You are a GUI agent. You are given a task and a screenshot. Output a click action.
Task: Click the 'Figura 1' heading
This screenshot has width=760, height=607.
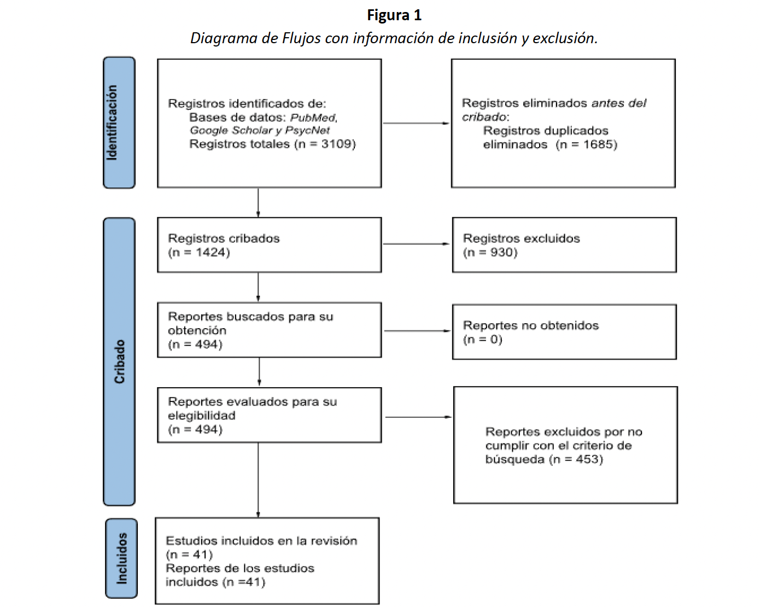coord(394,15)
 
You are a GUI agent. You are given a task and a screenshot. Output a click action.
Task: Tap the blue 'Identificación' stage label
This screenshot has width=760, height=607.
coord(119,122)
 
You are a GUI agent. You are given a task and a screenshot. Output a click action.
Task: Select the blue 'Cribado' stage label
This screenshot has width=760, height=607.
coord(119,361)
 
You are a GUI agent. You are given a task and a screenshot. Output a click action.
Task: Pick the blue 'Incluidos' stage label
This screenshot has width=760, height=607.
coord(121,558)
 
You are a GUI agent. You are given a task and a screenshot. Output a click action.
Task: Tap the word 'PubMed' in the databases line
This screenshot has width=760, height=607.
coord(313,118)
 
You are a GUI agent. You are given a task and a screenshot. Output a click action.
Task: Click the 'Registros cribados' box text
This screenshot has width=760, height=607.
coord(224,238)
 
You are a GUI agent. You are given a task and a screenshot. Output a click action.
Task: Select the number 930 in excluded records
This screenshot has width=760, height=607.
coord(502,253)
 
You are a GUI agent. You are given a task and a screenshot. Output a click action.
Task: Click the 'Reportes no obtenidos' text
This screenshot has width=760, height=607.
coord(530,325)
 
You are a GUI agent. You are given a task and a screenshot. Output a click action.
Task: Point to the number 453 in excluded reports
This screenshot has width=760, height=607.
coord(588,459)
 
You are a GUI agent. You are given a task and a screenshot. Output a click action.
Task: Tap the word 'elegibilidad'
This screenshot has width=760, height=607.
coord(201,416)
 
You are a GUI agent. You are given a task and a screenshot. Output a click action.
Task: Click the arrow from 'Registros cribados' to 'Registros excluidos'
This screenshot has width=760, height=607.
coord(416,244)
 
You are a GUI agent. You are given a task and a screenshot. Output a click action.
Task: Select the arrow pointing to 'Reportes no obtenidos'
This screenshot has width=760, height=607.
coord(417,331)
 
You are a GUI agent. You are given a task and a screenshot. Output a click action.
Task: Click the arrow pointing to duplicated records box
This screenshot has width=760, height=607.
coord(416,123)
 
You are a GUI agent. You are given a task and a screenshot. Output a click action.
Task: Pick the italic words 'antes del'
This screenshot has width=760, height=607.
coord(618,103)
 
